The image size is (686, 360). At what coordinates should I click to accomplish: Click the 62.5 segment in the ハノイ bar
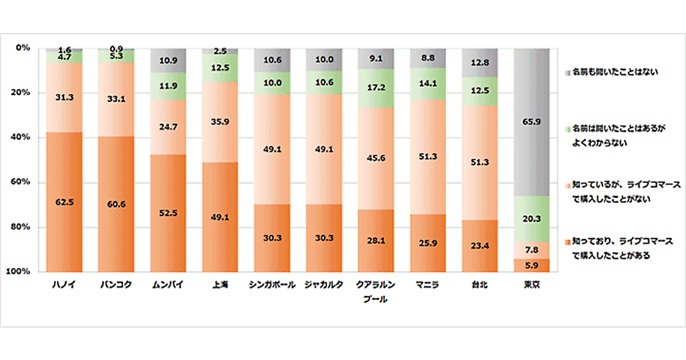point(65,202)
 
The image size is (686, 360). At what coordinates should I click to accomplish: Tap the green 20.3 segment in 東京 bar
point(532,218)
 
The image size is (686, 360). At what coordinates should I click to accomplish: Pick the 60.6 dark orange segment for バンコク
point(117,203)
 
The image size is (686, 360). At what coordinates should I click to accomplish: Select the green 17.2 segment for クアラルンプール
point(376,88)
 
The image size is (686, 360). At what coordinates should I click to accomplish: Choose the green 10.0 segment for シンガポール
point(272,83)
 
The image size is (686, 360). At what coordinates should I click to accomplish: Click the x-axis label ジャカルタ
point(324,285)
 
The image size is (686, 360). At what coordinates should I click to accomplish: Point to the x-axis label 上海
point(220,285)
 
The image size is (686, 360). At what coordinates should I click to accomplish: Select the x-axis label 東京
point(532,285)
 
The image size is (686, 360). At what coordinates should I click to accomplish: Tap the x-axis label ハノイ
point(65,285)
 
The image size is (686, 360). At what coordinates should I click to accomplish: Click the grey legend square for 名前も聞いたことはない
point(567,73)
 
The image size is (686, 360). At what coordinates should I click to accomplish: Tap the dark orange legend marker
point(567,242)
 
